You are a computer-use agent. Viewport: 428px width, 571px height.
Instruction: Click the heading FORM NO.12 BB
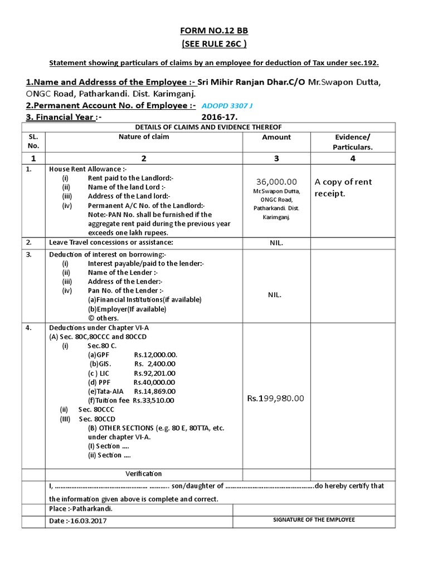(x=215, y=31)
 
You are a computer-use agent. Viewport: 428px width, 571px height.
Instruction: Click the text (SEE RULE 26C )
(x=215, y=45)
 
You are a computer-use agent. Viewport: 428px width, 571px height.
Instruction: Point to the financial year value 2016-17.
(x=220, y=117)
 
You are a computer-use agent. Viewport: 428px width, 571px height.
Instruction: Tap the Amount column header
(x=276, y=137)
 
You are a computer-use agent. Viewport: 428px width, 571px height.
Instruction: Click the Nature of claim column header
(x=143, y=137)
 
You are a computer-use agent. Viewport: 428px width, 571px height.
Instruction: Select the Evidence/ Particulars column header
(x=352, y=142)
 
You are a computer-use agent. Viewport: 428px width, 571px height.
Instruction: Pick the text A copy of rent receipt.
(x=343, y=187)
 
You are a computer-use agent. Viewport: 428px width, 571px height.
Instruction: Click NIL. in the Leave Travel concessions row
(x=276, y=243)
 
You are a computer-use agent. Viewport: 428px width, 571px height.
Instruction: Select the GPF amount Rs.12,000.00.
(x=155, y=355)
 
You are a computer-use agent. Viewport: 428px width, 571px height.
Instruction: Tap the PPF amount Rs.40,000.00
(x=154, y=382)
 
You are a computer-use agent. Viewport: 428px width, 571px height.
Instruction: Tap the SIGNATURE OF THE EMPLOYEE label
(x=313, y=520)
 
